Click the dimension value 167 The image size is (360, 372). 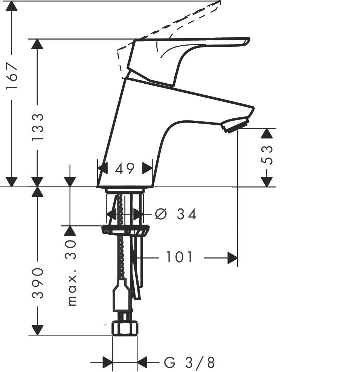pos(12,76)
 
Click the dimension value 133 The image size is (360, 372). pos(37,127)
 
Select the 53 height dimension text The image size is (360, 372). pos(267,155)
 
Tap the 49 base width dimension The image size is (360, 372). pos(125,168)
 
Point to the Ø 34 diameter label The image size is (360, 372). pos(176,214)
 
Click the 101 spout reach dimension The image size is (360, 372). pos(179,258)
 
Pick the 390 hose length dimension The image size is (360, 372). pos(37,283)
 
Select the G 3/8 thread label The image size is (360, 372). pos(189,363)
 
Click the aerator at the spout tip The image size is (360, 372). pos(235,125)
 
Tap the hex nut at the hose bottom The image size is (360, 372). pos(125,329)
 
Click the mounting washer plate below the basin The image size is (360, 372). pos(125,229)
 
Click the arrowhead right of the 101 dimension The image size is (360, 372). pos(233,258)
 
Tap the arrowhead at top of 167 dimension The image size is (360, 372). pos(12,6)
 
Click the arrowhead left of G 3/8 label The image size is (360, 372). pos(108,363)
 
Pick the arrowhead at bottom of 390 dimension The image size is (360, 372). pos(37,330)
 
